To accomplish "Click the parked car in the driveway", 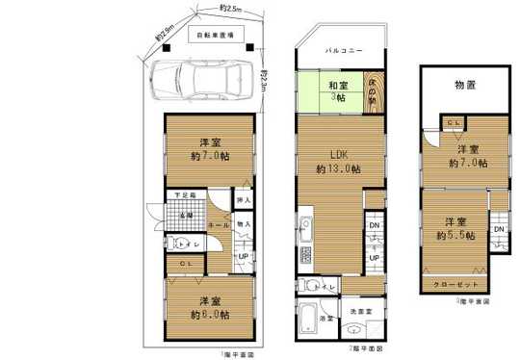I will point(206,80).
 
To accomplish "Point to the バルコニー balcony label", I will point(342,48).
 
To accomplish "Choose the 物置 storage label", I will point(467,86).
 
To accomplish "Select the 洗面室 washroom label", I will point(361,311).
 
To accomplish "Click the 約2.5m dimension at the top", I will point(230,9).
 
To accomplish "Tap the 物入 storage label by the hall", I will point(244,224).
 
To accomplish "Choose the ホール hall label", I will point(219,223).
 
